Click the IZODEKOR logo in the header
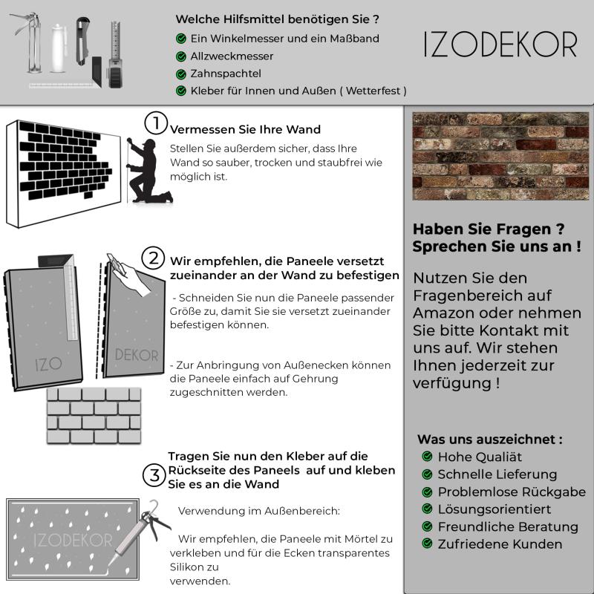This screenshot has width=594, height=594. click(500, 45)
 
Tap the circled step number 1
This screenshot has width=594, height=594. click(154, 123)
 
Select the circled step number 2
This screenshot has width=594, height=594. click(154, 258)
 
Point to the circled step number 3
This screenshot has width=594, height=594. click(154, 474)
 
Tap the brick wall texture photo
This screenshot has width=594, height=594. click(500, 156)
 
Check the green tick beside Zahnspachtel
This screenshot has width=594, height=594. click(181, 74)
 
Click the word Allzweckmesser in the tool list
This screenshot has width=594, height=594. click(232, 56)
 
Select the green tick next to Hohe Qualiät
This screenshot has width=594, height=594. click(427, 457)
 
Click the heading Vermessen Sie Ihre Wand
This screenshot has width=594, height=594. click(245, 129)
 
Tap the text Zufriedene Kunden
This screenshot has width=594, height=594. click(500, 544)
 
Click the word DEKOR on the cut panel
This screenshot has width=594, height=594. click(137, 356)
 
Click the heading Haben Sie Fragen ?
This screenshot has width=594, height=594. click(488, 229)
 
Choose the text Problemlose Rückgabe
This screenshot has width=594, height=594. click(512, 492)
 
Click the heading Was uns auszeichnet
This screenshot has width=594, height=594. click(489, 439)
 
